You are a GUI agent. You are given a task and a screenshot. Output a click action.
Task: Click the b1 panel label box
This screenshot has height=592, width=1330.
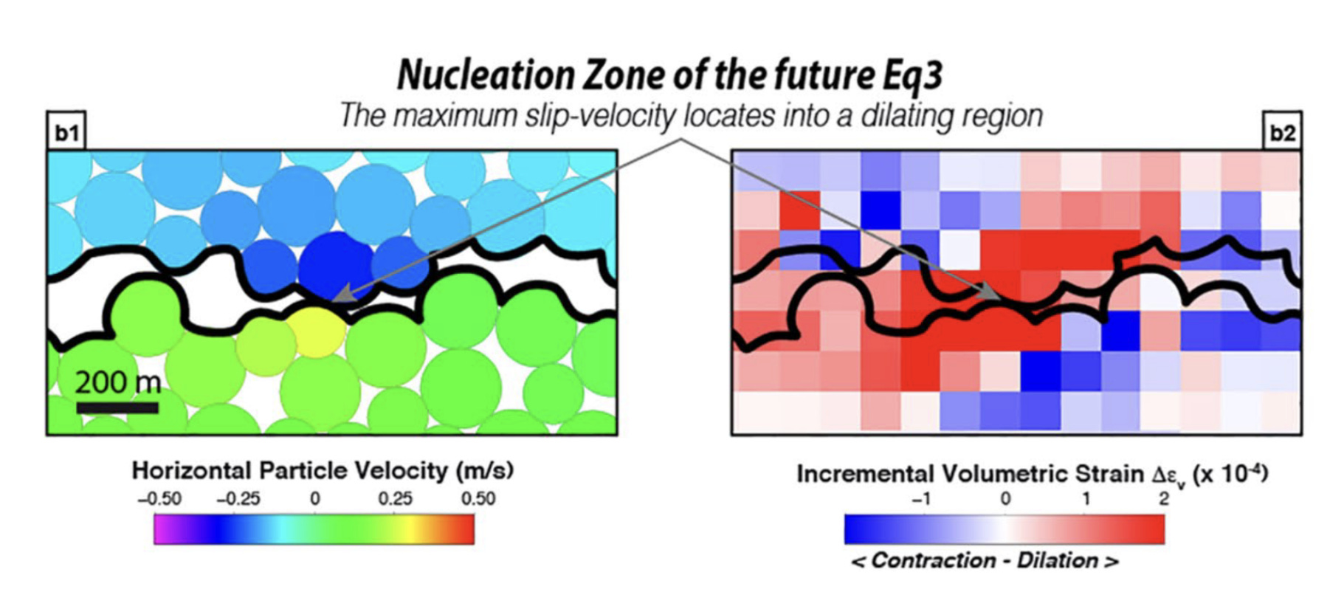(66, 133)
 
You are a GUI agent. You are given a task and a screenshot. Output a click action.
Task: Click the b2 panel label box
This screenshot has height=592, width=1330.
(1282, 133)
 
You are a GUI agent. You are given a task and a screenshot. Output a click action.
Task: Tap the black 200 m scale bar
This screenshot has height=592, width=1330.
(117, 407)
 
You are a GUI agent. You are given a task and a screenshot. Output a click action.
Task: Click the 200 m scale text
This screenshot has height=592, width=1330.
(117, 382)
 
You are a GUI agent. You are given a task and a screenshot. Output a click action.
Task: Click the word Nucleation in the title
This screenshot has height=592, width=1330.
(485, 75)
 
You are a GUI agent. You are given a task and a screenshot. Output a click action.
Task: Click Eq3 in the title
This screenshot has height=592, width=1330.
(912, 75)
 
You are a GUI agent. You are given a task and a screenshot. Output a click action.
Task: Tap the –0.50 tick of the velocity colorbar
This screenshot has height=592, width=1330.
(159, 499)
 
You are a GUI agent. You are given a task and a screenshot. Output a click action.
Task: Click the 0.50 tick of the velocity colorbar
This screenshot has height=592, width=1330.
(478, 499)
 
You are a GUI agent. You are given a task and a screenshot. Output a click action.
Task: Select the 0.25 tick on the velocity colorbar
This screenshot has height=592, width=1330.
(395, 499)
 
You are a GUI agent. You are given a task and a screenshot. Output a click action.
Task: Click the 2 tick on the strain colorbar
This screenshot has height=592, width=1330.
(1164, 499)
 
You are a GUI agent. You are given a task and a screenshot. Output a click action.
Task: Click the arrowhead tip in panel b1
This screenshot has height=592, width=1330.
(334, 300)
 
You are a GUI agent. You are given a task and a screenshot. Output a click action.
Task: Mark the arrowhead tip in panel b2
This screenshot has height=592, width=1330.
(1000, 297)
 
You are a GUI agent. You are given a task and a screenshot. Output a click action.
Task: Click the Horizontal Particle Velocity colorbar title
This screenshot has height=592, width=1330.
(323, 470)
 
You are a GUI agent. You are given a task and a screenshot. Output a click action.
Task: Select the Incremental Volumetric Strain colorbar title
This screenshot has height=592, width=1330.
(1032, 474)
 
